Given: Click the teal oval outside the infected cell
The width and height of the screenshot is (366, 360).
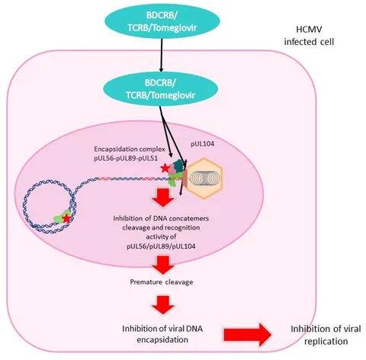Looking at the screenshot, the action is click(162, 21).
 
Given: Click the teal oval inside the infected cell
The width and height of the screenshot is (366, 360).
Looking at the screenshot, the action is click(161, 89).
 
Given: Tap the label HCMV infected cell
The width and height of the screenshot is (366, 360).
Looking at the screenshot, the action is click(309, 35).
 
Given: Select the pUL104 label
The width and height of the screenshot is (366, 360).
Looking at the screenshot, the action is click(202, 144).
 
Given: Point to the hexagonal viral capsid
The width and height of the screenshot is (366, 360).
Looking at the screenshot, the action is click(204, 178).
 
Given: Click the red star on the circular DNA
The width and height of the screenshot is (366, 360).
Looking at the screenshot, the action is click(67, 218).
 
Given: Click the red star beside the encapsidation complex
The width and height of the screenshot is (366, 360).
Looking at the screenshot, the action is click(165, 168).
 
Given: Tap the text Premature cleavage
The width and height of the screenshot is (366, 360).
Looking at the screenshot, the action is click(162, 282).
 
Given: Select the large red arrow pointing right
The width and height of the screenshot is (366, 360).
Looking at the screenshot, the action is click(248, 335).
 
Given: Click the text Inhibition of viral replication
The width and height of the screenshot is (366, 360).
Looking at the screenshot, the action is click(326, 335).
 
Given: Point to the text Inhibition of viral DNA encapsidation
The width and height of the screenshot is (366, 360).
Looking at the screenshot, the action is click(162, 334).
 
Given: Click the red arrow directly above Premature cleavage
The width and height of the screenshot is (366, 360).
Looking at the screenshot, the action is click(163, 265).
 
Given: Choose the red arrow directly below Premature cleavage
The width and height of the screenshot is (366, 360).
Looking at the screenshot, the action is click(163, 304).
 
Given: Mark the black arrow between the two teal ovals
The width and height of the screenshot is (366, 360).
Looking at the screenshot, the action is click(161, 55).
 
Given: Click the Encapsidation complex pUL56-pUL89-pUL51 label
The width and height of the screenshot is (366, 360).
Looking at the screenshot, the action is click(130, 153).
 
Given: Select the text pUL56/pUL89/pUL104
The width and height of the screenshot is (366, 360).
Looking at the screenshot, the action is click(161, 246).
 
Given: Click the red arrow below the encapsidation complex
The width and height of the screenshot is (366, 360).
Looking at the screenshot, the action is click(163, 198).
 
